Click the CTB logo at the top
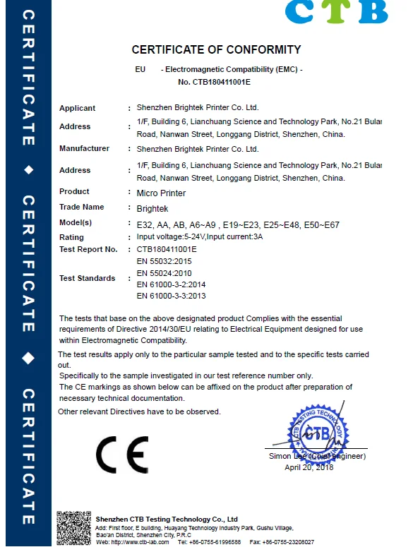[336, 12]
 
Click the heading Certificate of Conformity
[216, 50]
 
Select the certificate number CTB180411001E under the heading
[215, 83]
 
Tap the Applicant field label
[77, 108]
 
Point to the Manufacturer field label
[84, 148]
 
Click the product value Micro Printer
[161, 192]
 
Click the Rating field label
[71, 237]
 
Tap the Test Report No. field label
[88, 249]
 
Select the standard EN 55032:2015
[164, 261]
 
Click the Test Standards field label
[87, 278]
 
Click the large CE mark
[122, 455]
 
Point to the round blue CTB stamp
[317, 432]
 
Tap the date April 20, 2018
[309, 467]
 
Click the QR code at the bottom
[73, 527]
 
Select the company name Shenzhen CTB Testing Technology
[167, 519]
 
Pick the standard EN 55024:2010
[164, 272]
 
